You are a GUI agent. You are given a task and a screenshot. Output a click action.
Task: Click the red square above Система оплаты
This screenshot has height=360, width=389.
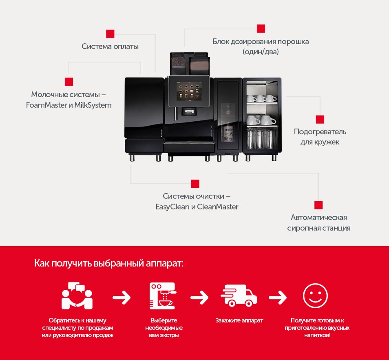pos(110,34)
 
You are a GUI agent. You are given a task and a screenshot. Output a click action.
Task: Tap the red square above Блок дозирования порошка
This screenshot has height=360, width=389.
pos(261,29)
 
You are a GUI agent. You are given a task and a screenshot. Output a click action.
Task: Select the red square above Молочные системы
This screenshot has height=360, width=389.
pos(69,82)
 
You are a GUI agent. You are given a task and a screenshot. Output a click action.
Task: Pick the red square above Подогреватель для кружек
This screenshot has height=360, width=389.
pos(320,120)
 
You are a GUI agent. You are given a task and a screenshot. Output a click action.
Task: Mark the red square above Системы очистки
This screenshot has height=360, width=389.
pos(195,184)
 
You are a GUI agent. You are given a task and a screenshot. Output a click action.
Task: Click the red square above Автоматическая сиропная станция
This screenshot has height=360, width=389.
pos(318,205)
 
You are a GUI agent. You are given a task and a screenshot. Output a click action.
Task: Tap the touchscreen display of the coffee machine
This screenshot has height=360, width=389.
pos(189,91)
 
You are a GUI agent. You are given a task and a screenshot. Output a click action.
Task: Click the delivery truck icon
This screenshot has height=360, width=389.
pos(239,296)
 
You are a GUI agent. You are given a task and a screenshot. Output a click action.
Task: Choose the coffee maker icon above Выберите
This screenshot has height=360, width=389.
pos(163,296)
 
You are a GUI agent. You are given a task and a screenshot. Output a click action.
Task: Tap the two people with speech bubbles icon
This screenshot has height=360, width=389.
pos(77,296)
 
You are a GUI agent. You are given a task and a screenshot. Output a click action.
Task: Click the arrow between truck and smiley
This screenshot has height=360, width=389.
pos(278,297)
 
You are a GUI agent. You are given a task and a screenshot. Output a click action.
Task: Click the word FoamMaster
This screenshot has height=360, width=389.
pos(46,105)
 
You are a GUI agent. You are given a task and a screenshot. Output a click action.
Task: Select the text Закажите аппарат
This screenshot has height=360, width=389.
pos(239,320)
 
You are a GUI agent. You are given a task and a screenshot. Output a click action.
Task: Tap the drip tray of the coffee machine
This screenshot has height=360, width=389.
pos(189,147)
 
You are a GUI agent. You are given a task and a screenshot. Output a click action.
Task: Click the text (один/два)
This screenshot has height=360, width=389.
pos(261,52)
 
